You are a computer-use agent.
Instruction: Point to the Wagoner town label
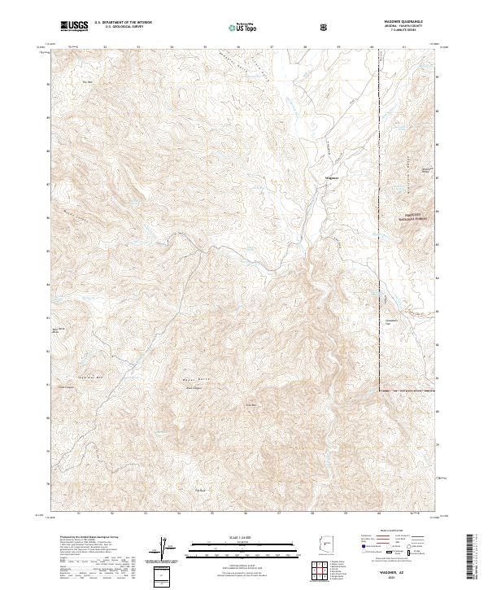(331, 177)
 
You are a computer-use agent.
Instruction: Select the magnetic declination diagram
(163, 550)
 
